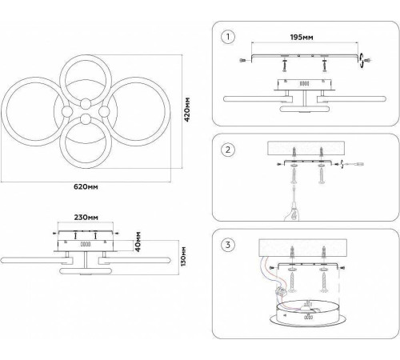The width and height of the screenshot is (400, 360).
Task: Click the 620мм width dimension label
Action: tap(86, 186)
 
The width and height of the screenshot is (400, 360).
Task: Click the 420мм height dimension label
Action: tap(187, 110)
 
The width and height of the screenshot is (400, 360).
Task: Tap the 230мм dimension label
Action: tap(86, 218)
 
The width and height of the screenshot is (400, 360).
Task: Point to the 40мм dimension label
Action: tap(138, 242)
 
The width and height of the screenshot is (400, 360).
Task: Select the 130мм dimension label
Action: tap(183, 257)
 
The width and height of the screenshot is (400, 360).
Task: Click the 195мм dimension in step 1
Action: tap(302, 37)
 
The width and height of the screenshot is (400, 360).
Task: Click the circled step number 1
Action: tap(228, 37)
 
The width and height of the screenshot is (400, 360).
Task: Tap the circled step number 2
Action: tap(228, 150)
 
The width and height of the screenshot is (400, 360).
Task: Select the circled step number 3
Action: tap(228, 245)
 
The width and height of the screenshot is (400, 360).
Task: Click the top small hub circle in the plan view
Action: tap(86, 104)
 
